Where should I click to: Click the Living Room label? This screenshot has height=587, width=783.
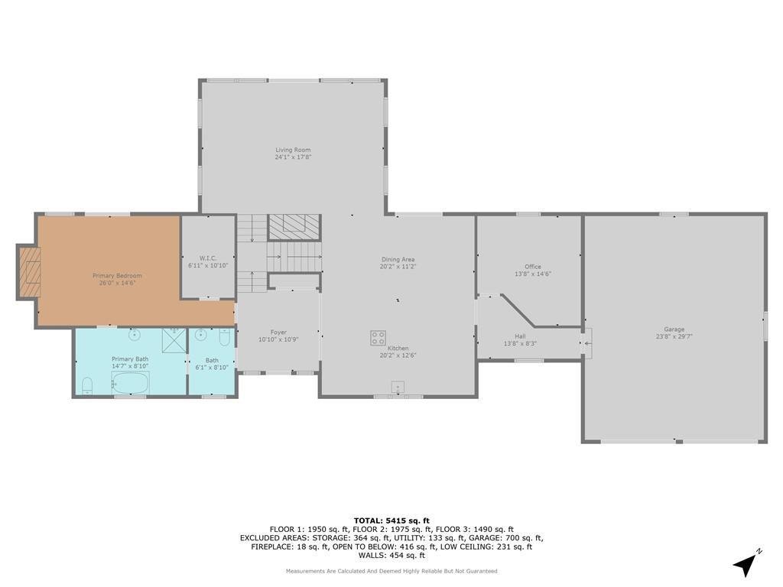[x=293, y=150]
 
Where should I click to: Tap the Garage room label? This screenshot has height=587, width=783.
[x=674, y=329]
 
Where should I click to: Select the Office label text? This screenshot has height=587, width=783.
[x=533, y=267]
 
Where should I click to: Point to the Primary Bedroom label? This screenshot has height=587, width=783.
[x=117, y=275]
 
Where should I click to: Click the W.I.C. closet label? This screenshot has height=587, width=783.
[x=208, y=258]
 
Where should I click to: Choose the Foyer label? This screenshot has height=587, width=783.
[x=278, y=332]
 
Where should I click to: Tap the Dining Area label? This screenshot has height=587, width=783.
[x=398, y=260]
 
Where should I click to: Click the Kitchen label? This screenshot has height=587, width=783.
[x=398, y=349]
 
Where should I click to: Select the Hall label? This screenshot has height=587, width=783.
[x=520, y=336]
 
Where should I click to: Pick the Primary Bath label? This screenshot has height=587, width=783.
[x=130, y=359]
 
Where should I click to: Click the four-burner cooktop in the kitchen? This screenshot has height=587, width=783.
[x=378, y=338]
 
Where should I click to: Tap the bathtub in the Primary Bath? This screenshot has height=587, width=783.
[x=130, y=384]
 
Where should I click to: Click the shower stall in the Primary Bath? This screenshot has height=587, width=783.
[x=174, y=340]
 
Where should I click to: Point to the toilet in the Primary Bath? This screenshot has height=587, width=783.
[x=87, y=385]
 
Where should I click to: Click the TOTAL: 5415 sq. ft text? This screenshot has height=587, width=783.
[x=391, y=521]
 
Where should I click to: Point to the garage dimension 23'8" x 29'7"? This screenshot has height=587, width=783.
[x=674, y=336]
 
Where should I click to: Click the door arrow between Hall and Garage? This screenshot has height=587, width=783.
[x=587, y=343]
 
